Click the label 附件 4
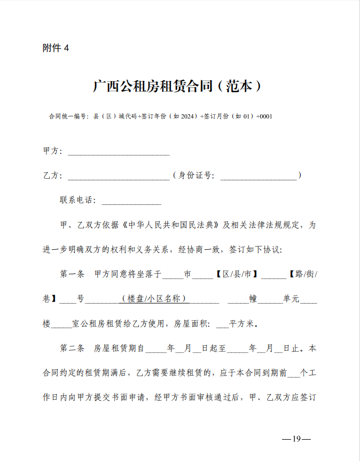point(56,48)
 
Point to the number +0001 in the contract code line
point(264,116)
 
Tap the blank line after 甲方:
point(118,153)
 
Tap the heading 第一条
point(72,274)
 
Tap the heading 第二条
point(72,348)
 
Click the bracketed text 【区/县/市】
point(237,274)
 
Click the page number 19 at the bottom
point(296,439)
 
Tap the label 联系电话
point(77,201)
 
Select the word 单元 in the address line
point(291,299)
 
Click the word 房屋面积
point(191,324)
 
